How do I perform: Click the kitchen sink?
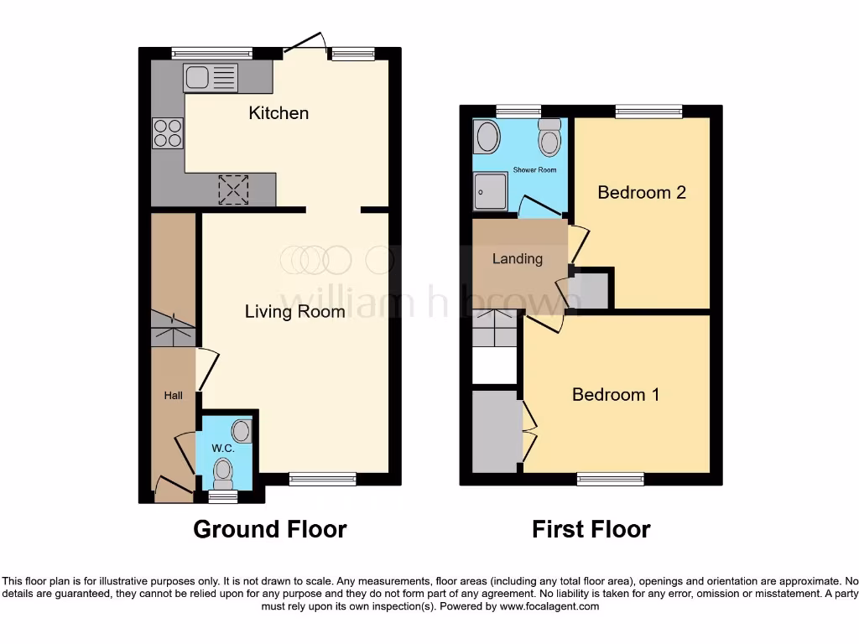[211, 78]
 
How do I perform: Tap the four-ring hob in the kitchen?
[167, 132]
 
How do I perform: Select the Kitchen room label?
[279, 112]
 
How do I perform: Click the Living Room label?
[294, 312]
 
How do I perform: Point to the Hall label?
[173, 395]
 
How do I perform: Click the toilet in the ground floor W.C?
[223, 474]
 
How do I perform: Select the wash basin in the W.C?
[242, 431]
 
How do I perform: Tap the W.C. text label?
[222, 449]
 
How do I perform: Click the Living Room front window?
[323, 479]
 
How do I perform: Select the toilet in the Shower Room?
[549, 138]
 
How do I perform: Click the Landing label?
[517, 258]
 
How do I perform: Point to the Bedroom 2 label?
[642, 192]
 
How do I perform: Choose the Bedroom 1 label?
[615, 394]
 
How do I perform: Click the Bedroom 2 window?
[648, 111]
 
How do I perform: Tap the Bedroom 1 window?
[610, 479]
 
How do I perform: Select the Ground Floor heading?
[269, 529]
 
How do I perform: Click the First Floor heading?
[591, 529]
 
